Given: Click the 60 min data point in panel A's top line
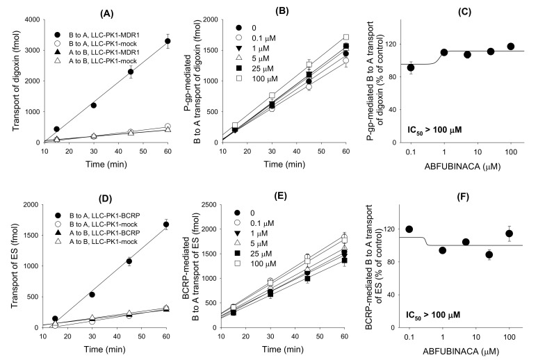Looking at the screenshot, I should pyautogui.click(x=167, y=41).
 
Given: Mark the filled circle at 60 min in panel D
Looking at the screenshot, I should pyautogui.click(x=167, y=224).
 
